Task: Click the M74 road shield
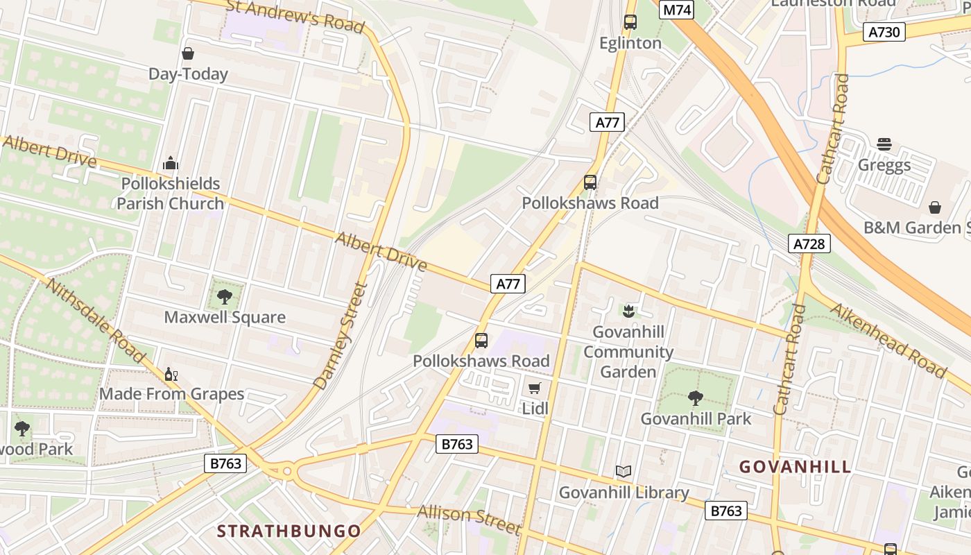[677, 10]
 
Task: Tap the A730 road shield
[884, 31]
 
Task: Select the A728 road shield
[809, 244]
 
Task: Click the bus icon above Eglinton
[630, 22]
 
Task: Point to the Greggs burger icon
[884, 144]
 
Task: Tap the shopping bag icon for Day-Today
[188, 53]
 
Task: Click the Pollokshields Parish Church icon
[171, 164]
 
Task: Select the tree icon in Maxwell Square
[224, 297]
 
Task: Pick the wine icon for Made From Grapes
[171, 375]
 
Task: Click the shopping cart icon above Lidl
[534, 388]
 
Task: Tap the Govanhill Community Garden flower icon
[628, 311]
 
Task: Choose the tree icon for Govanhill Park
[696, 398]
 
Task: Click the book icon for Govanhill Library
[624, 472]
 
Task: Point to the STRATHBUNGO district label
[289, 531]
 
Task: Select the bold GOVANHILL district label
[795, 466]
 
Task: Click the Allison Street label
[469, 519]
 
